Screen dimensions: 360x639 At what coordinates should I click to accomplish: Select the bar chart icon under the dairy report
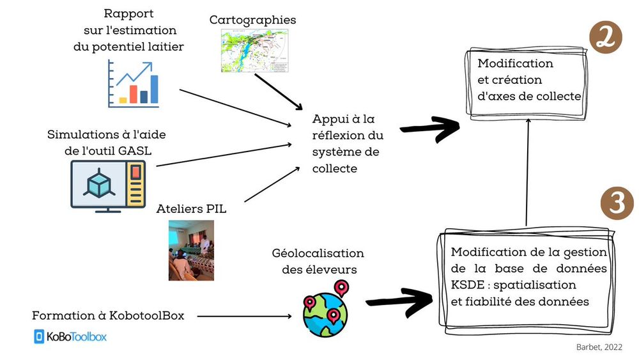click(x=134, y=84)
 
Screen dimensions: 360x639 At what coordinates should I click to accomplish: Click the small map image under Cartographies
click(x=253, y=51)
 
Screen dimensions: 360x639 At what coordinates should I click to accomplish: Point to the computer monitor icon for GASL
click(x=108, y=185)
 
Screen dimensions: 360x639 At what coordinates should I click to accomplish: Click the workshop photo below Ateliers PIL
click(x=191, y=250)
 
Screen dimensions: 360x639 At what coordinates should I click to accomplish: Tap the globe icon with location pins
click(x=326, y=308)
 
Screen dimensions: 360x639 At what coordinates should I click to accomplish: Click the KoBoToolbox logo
click(x=70, y=337)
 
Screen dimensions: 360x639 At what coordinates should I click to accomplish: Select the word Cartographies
click(x=253, y=20)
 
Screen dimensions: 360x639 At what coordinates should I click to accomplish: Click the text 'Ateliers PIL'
click(x=192, y=208)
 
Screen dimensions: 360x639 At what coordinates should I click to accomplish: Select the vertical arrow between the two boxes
click(x=527, y=173)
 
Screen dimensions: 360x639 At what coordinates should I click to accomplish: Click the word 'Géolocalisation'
click(x=318, y=253)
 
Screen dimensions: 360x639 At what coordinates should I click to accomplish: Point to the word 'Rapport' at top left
click(x=130, y=13)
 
